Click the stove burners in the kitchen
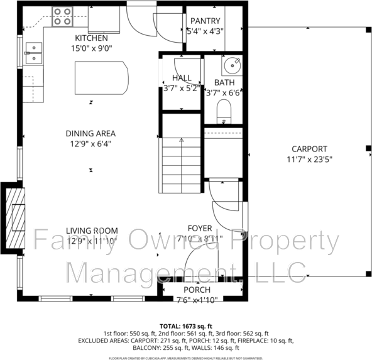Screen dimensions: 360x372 click(62, 16)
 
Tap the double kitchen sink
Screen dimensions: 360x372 click(33, 53)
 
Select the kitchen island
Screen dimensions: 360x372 click(101, 79)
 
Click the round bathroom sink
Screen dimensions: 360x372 click(232, 65)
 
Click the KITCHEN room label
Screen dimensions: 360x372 click(92, 38)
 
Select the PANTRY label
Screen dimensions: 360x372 click(205, 21)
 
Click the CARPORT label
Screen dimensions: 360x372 click(309, 149)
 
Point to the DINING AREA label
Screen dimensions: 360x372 click(92, 133)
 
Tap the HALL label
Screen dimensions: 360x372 click(182, 78)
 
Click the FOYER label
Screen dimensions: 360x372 click(200, 228)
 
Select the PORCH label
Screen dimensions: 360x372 click(197, 290)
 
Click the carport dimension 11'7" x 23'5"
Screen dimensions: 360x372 click(309, 160)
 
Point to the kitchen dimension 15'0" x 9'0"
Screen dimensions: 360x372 click(92, 48)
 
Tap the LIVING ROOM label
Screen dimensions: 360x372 click(92, 230)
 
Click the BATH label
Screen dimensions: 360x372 click(224, 82)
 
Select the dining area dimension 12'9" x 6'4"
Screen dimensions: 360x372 click(92, 144)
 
